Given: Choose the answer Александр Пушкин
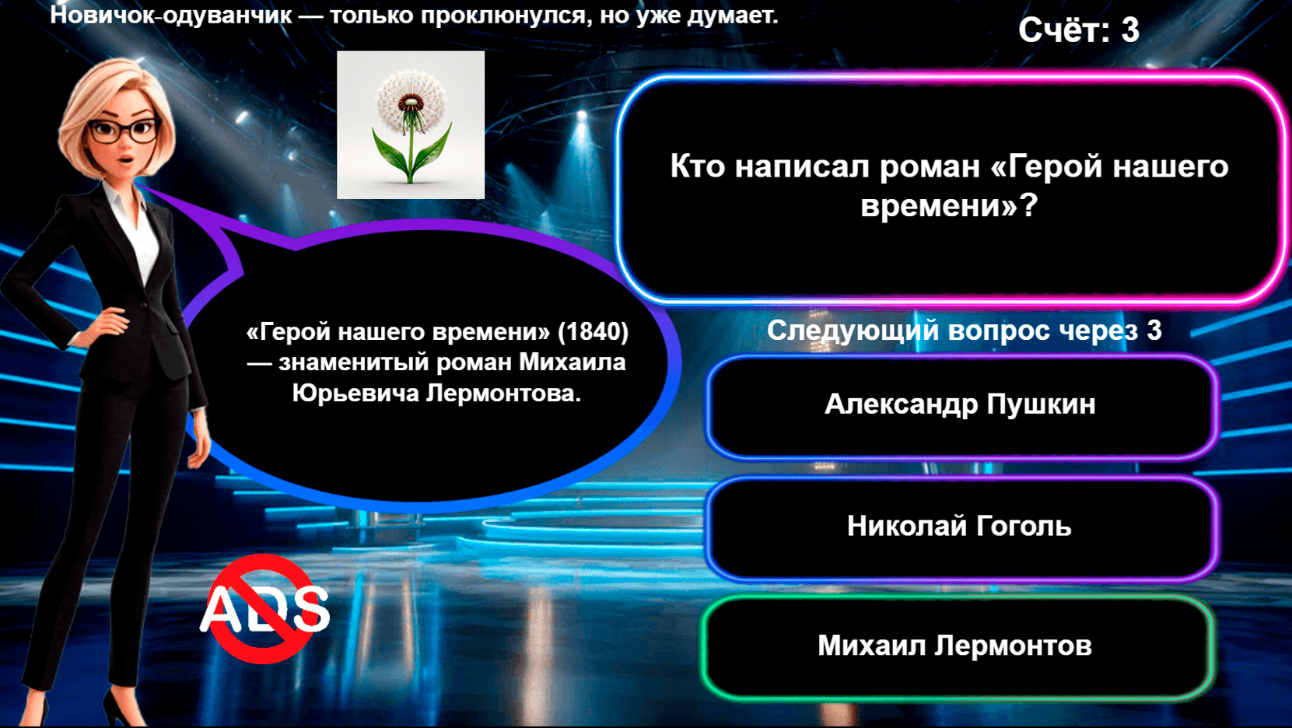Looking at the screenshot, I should [960, 405].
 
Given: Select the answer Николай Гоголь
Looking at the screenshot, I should [959, 527].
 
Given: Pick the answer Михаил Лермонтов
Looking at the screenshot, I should [955, 646].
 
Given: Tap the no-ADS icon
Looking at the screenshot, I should [264, 608].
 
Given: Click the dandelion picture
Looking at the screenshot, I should [411, 125].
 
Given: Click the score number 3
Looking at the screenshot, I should [1130, 30].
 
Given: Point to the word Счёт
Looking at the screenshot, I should [1063, 30].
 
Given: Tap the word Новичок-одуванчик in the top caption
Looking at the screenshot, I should [170, 15].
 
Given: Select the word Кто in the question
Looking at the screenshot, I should [697, 166].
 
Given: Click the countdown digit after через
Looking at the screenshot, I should [1154, 331].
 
